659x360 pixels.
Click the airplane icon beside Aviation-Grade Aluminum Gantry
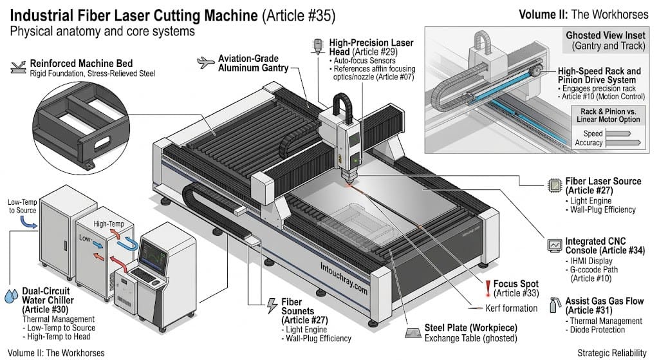coord(205,62)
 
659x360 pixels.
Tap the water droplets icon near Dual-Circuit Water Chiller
coord(11,295)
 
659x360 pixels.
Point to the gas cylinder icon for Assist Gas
coord(553,304)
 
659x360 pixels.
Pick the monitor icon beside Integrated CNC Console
coord(553,245)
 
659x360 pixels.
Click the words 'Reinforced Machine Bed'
coord(81,64)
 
